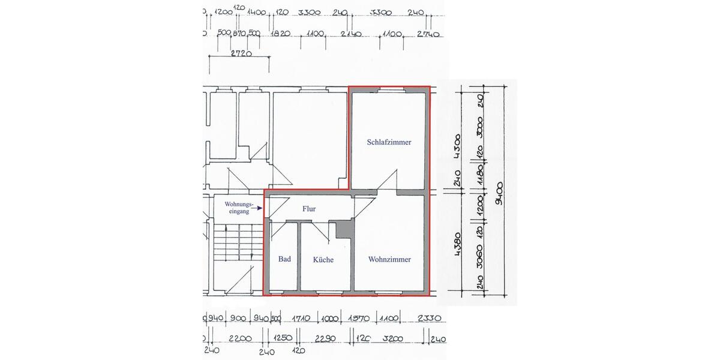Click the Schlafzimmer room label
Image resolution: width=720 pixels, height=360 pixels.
click(389, 143)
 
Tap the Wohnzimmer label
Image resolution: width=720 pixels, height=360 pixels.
click(389, 260)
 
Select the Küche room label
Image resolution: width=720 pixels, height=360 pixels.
click(323, 260)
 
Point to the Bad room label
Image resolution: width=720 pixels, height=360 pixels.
click(284, 259)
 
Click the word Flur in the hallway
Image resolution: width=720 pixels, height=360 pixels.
click(308, 209)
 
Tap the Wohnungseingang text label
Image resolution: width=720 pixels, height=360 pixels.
click(236, 208)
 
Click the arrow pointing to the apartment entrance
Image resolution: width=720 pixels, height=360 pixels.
click(259, 208)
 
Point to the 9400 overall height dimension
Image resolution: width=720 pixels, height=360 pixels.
click(499, 192)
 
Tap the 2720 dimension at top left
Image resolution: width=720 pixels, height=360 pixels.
click(240, 53)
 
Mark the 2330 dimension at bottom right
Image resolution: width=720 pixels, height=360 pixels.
click(429, 319)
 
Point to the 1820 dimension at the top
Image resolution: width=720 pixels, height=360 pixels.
click(281, 34)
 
